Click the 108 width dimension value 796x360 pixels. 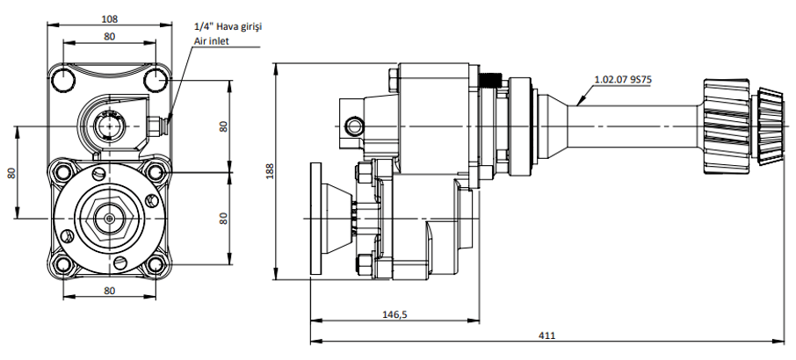110,18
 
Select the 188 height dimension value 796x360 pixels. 268,173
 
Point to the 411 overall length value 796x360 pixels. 548,335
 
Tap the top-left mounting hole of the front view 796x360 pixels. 64,79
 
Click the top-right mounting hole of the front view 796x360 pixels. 156,79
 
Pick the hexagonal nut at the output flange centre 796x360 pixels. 110,215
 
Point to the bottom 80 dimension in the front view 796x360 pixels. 110,290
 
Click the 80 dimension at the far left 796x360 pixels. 11,173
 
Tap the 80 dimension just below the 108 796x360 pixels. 110,37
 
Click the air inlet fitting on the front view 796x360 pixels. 158,126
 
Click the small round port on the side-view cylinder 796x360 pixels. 355,127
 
